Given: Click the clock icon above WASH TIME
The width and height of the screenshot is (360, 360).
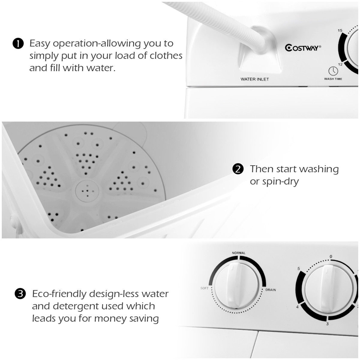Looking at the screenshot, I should [x=333, y=71].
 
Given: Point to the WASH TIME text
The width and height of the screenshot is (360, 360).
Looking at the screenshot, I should [x=333, y=79].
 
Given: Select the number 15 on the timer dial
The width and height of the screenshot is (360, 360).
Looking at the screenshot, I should [x=341, y=31].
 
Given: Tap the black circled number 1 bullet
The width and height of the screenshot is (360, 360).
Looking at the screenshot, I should [x=18, y=44].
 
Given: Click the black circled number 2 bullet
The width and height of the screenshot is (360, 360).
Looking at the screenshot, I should [x=238, y=170].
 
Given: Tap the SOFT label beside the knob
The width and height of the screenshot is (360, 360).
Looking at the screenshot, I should [x=204, y=288].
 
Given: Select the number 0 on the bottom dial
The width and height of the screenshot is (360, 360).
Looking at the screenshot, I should [x=331, y=256].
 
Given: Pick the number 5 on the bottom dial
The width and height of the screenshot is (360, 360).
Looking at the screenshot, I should [x=299, y=269].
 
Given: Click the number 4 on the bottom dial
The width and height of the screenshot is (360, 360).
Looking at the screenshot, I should [x=297, y=307].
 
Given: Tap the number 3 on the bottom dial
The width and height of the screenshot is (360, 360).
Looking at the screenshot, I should [x=327, y=324].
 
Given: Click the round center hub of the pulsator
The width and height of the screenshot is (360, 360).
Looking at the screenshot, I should [x=85, y=190].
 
